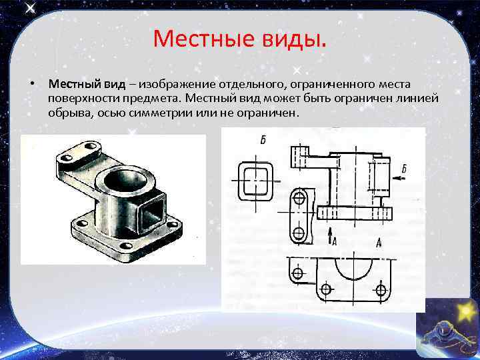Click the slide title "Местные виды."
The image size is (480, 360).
[x=240, y=38]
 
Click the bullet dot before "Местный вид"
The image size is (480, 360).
[x=31, y=85]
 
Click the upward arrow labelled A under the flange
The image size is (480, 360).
[x=330, y=234]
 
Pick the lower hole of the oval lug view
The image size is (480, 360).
[x=299, y=233]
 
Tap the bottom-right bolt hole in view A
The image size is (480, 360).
[x=381, y=289]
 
